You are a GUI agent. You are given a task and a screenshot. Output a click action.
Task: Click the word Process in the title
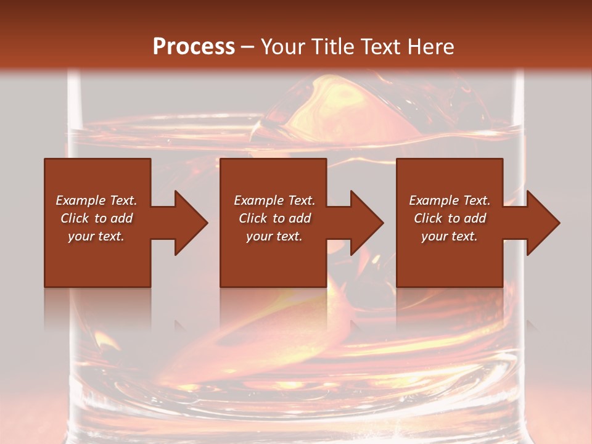point(194,47)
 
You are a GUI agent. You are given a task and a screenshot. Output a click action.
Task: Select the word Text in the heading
point(381,47)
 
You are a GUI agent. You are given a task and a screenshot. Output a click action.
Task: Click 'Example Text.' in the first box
point(96,200)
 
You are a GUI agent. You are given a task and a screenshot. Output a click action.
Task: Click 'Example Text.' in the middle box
point(274,200)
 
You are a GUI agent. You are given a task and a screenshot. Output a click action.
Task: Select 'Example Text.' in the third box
point(450,200)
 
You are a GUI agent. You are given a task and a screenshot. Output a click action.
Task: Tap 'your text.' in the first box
point(96,236)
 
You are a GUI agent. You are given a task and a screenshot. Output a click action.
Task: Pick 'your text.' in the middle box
point(274,236)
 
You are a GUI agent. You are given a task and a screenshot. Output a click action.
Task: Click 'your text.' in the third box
point(450,236)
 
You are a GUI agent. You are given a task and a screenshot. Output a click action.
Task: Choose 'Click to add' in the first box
point(96,218)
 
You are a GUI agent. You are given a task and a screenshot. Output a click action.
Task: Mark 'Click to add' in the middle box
point(274,218)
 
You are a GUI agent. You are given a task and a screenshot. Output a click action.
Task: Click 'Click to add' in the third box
point(450,218)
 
